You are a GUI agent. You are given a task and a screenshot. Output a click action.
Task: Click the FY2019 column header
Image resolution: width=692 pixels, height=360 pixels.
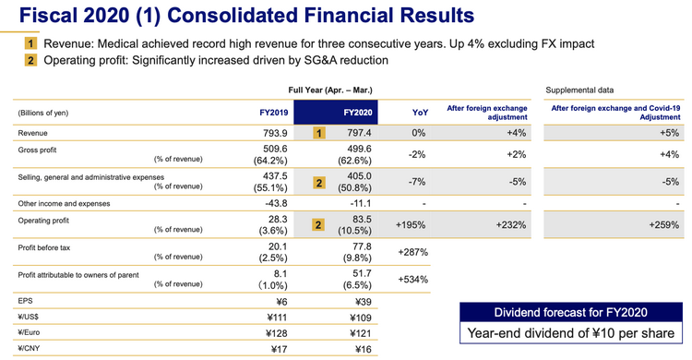[x=273, y=113]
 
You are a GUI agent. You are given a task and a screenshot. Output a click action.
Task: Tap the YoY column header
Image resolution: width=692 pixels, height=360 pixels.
[x=418, y=113]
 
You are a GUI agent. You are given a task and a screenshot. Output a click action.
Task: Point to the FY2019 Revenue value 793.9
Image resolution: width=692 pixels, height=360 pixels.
[x=279, y=134]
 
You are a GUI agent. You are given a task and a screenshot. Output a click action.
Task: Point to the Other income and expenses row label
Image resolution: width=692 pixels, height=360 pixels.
[x=64, y=203]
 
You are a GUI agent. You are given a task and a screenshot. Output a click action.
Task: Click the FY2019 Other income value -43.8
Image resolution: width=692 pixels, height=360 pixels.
[x=279, y=203]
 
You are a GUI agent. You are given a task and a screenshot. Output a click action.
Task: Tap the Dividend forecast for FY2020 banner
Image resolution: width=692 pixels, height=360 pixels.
[x=569, y=311]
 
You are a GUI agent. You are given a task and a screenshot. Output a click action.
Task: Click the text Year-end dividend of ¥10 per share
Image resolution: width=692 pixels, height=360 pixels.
[x=569, y=333]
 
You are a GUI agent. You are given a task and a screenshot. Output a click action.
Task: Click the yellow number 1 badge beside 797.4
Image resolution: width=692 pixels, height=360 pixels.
[x=320, y=134]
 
